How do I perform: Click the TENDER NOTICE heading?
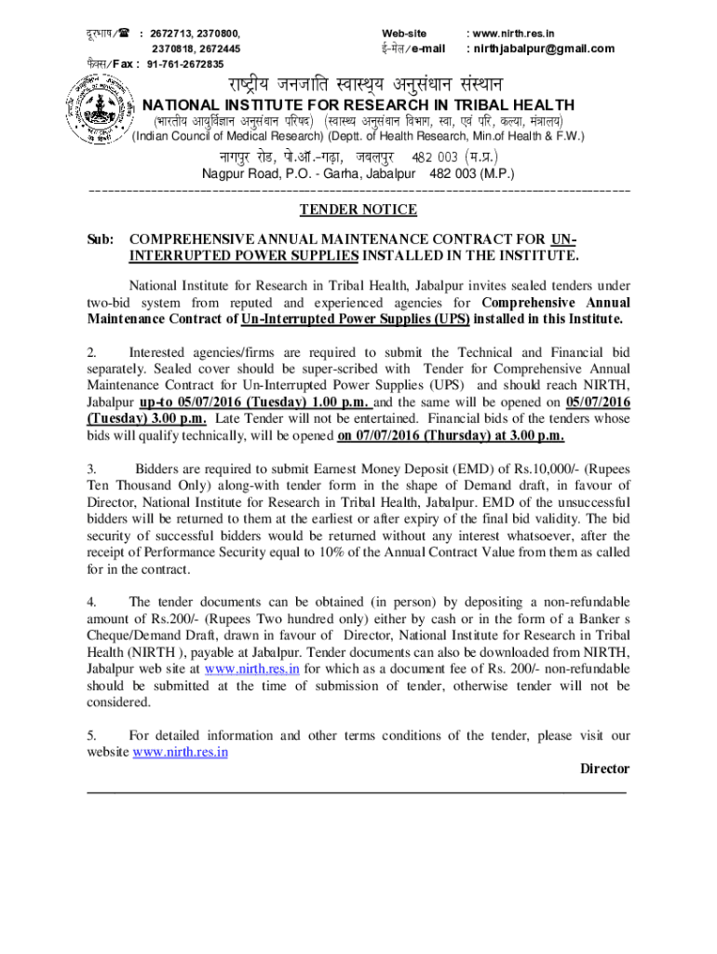tap(358, 210)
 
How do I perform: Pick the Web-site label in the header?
tap(404, 33)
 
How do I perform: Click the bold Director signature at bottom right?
tap(604, 770)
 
